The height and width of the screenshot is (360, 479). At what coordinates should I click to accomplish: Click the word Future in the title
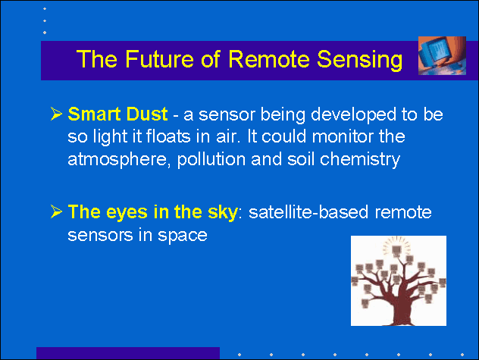(x=159, y=58)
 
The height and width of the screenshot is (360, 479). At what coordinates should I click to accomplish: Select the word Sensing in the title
(x=359, y=60)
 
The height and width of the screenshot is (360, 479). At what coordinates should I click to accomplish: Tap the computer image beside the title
(x=442, y=55)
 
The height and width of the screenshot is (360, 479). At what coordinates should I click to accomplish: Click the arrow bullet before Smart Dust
(x=56, y=114)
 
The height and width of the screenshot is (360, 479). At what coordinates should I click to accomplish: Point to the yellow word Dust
(x=147, y=114)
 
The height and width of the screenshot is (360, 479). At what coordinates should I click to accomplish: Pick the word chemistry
(x=359, y=160)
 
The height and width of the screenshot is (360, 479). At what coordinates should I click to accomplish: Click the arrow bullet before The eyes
(x=56, y=211)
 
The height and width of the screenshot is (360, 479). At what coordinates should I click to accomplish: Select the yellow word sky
(x=222, y=212)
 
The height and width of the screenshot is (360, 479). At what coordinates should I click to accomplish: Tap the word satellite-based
(x=308, y=212)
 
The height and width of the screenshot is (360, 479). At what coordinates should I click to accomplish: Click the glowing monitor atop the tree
(x=396, y=250)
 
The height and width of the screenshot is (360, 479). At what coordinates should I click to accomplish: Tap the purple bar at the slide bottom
(x=128, y=353)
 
